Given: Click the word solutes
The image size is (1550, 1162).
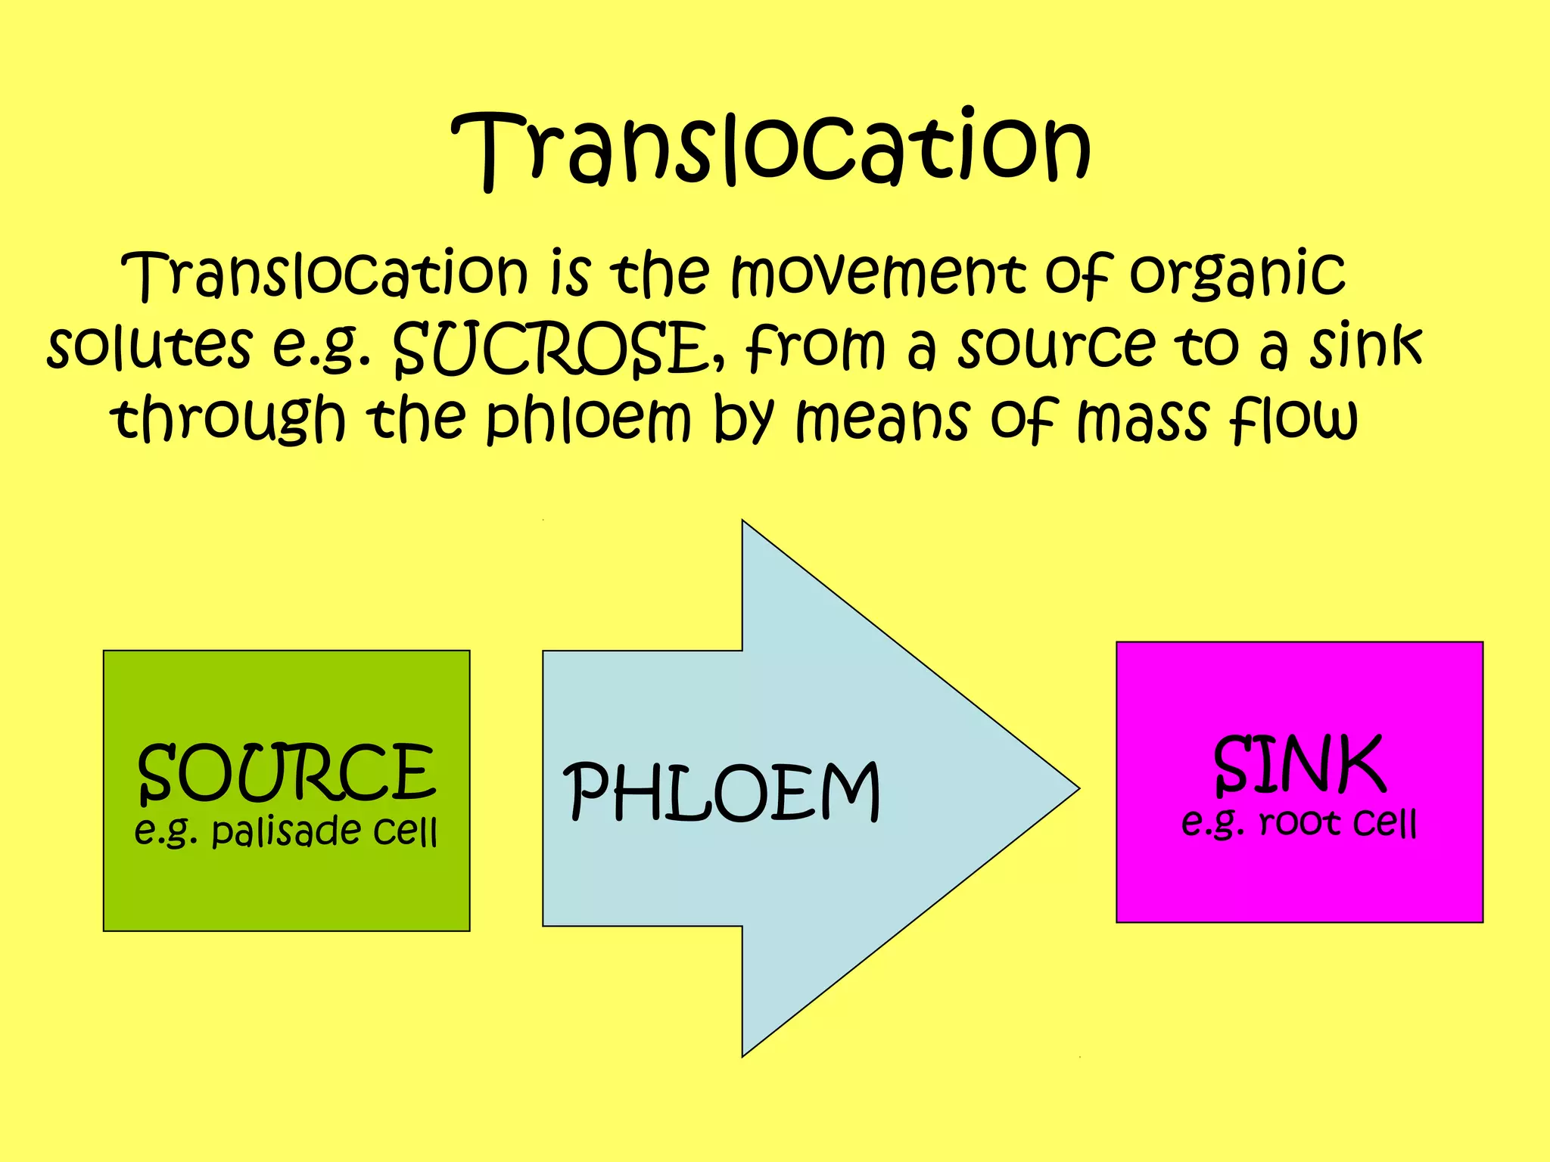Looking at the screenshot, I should point(149,346).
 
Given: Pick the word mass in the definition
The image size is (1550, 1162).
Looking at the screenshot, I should point(1142,420).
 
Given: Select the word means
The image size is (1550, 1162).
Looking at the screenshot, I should point(882,420).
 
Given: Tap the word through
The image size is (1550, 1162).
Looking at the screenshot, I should point(228,420).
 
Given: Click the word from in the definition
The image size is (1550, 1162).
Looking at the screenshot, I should point(814,346).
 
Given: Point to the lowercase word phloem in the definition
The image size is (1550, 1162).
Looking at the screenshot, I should point(587,420).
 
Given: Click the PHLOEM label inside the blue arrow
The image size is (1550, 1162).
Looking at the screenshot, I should point(723,792).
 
